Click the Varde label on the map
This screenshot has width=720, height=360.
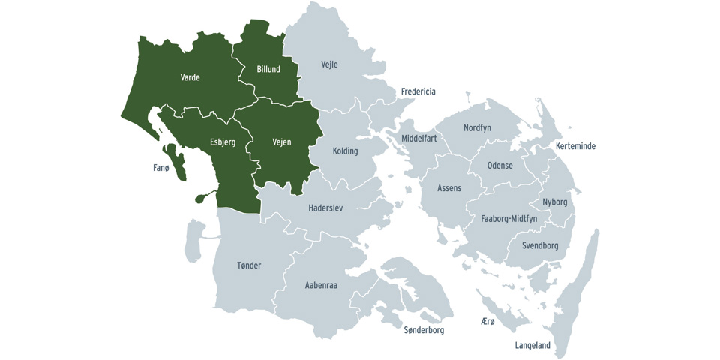tap(190, 77)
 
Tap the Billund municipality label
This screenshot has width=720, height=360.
tap(268, 69)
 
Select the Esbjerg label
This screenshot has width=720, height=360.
tap(223, 142)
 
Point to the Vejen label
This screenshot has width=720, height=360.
tap(281, 142)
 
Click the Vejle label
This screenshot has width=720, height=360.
tap(329, 64)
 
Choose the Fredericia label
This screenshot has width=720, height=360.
tap(418, 91)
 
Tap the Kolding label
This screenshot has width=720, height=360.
tap(345, 151)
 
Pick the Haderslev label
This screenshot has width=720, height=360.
tap(325, 208)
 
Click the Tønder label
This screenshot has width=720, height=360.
tap(249, 265)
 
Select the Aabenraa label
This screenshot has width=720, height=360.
tap(322, 285)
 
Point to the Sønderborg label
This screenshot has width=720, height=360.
tap(424, 330)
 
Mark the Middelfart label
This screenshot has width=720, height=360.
tap(419, 139)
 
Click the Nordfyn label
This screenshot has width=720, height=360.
tap(477, 128)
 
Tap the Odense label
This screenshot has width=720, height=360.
tap(499, 166)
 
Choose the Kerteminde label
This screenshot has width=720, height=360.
tap(575, 146)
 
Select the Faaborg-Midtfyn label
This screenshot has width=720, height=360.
tap(508, 219)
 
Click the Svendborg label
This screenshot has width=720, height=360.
tap(540, 246)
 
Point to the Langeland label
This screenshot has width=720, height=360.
tap(532, 346)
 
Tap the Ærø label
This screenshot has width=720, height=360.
tap(487, 321)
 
